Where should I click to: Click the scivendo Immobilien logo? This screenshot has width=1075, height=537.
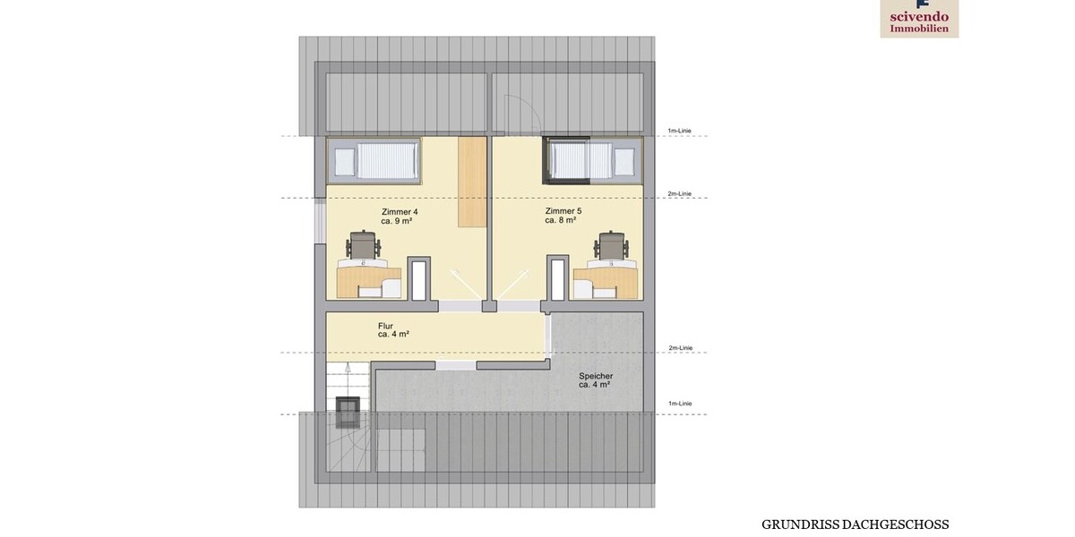pos(919,18)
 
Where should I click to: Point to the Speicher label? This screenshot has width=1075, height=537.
pos(594,379)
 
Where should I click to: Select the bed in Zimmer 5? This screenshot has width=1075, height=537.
pos(593,162)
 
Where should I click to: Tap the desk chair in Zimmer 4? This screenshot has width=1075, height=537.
pos(364,245)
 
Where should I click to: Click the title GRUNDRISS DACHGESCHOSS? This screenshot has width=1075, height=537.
pos(855,524)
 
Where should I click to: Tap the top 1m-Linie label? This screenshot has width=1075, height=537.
pos(679,132)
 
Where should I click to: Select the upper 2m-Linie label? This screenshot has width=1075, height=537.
pos(680,193)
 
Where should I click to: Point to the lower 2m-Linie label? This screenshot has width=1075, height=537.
pos(680,348)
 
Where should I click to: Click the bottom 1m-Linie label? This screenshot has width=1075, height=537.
pos(679,404)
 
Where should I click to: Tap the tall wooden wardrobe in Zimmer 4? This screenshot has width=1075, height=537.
pos(470,182)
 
